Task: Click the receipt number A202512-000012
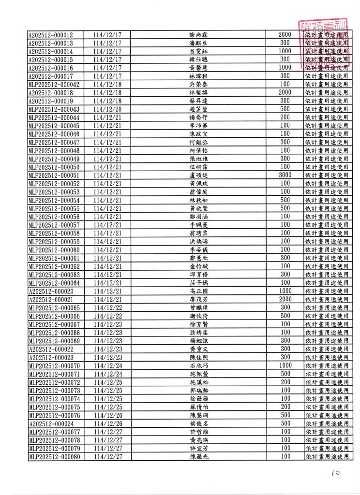(x=50, y=35)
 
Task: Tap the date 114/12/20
(x=107, y=109)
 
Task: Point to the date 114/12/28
(x=107, y=92)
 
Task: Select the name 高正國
(x=198, y=291)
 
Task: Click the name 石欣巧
(x=198, y=365)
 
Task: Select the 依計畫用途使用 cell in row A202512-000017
(x=327, y=76)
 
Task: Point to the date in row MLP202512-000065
(x=107, y=307)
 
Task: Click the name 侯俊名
(x=198, y=423)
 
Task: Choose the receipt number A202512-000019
(x=50, y=101)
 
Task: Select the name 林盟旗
(x=198, y=92)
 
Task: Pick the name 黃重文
(x=198, y=349)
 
